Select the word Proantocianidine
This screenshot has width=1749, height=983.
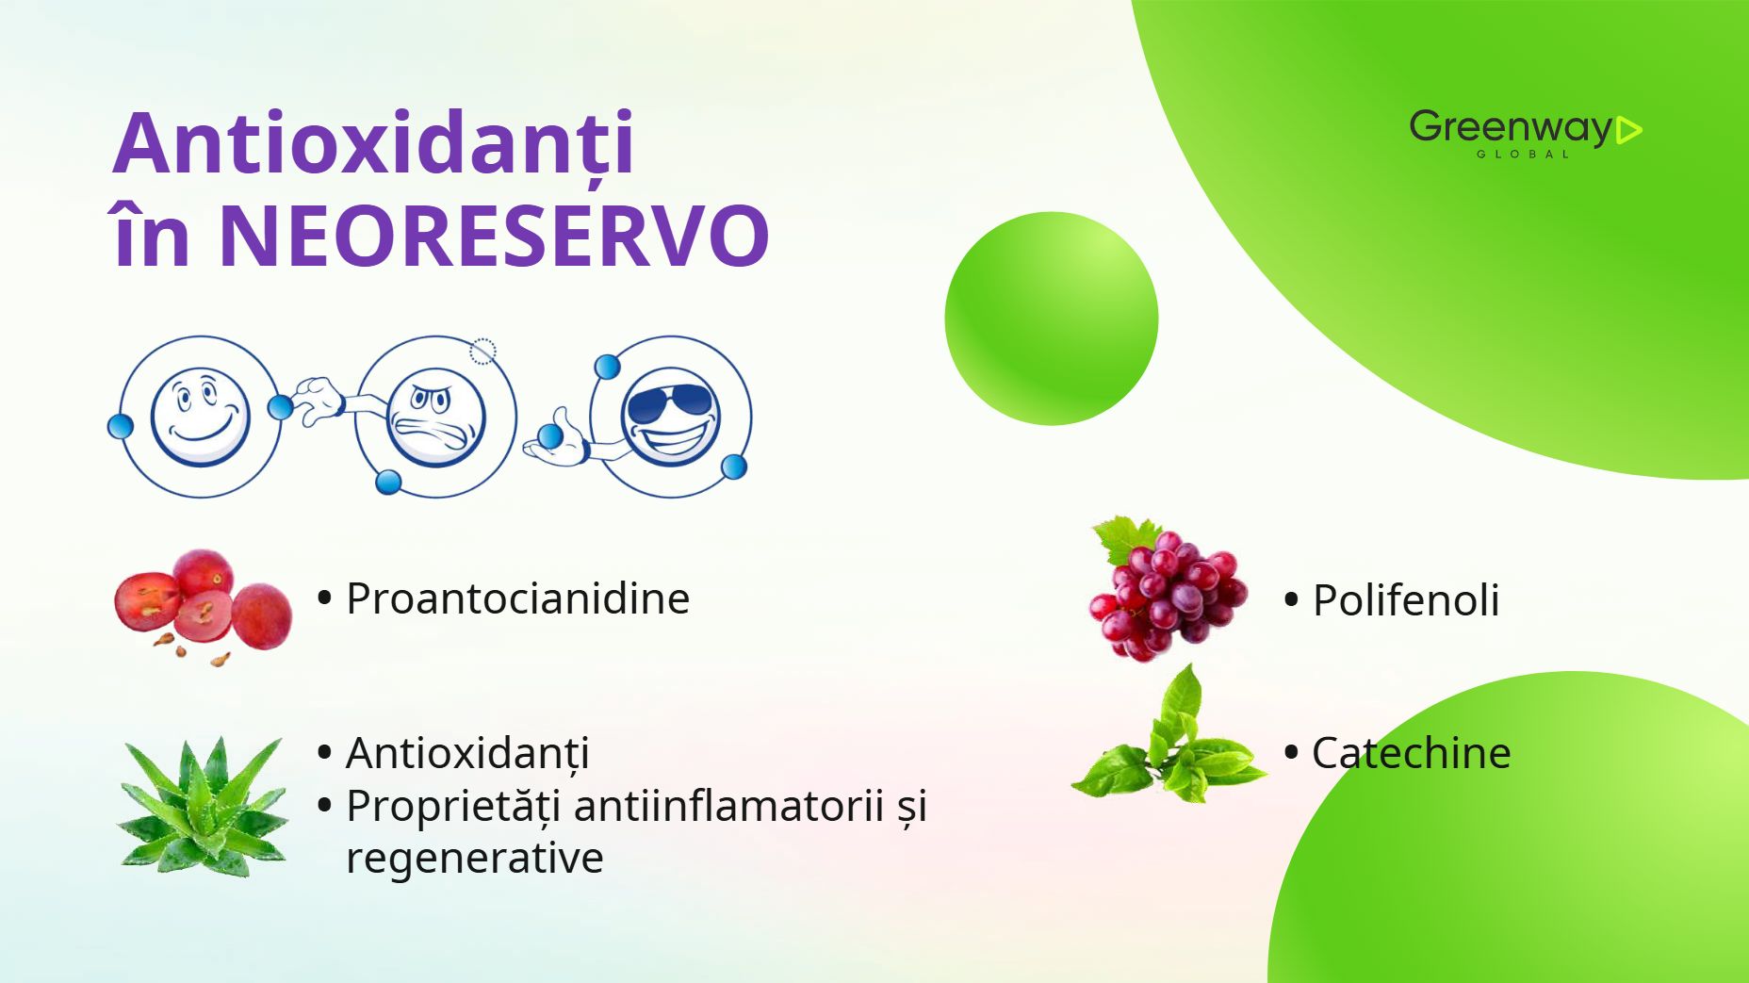pos(517,598)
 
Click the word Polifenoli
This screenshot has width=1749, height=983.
pos(1406,600)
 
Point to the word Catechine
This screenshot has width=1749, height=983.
pos(1411,753)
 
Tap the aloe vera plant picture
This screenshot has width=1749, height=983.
pos(203,807)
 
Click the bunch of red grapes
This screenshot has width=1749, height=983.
pos(1167,588)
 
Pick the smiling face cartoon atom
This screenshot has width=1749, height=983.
pos(200,417)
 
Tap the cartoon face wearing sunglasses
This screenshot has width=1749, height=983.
pos(670,417)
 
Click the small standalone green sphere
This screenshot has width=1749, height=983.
pos(1052,319)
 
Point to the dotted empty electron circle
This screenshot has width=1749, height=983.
pos(482,352)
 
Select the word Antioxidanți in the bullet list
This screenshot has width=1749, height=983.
pos(467,753)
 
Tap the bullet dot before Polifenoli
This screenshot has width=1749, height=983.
pos(1291,599)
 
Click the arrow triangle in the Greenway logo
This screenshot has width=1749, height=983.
pos(1628,130)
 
